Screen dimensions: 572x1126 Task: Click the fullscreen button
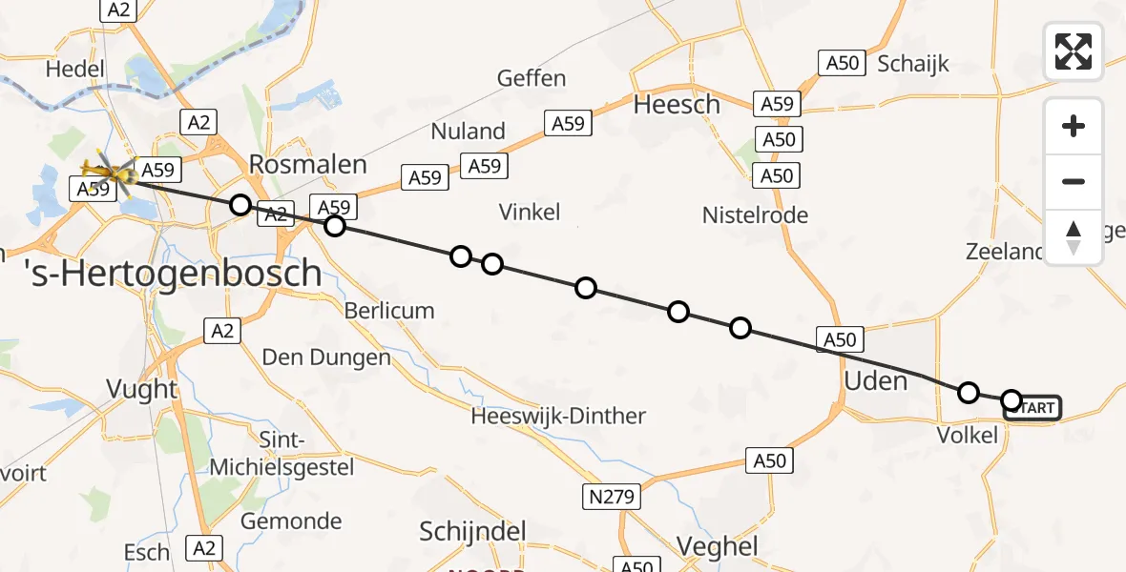tap(1074, 51)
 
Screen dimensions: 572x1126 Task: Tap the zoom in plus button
tap(1074, 126)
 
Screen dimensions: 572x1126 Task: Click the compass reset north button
tap(1074, 237)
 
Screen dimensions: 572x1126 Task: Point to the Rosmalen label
tap(307, 164)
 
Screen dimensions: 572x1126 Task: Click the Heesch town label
tap(677, 105)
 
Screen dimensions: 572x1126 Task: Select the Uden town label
tap(876, 381)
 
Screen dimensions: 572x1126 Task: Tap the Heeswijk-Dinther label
tap(558, 416)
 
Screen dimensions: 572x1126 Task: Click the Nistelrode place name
tap(755, 215)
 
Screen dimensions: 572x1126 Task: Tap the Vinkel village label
tap(530, 212)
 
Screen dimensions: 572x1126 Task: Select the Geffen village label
tap(532, 78)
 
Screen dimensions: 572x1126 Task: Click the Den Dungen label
tap(327, 357)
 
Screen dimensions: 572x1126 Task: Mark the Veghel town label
tap(717, 546)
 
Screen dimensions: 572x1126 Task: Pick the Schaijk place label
tap(913, 64)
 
